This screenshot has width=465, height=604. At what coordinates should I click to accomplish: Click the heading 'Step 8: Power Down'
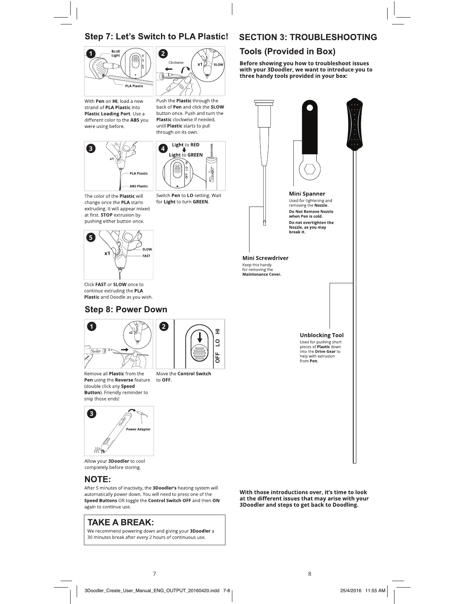[x=126, y=309]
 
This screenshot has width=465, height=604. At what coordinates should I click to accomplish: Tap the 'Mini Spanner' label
[x=307, y=194]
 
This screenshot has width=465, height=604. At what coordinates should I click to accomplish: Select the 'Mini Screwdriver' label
[x=265, y=258]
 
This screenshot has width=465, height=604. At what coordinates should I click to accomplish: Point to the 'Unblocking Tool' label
[x=322, y=335]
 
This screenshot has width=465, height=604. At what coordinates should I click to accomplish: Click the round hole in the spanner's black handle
[x=310, y=108]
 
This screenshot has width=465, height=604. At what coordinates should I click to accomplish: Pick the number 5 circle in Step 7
[x=91, y=237]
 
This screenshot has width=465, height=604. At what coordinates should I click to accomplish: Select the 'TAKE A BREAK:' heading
[x=121, y=522]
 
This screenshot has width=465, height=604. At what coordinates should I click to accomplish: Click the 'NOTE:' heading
[x=98, y=479]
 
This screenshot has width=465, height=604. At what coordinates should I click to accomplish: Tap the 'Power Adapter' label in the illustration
[x=138, y=429]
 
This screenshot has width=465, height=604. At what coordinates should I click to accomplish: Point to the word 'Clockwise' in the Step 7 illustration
[x=176, y=63]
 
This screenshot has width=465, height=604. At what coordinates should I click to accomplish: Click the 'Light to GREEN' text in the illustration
[x=186, y=155]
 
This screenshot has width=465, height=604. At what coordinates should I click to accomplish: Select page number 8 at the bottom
[x=310, y=573]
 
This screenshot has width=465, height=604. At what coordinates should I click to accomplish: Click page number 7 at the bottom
[x=154, y=573]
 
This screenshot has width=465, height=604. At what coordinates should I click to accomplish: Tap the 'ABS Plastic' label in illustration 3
[x=138, y=186]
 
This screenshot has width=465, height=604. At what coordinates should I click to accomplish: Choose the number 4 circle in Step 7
[x=163, y=148]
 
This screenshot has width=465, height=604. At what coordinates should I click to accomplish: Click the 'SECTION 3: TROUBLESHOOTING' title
[x=308, y=37]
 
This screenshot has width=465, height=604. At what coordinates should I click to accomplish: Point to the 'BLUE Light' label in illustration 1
[x=116, y=53]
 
